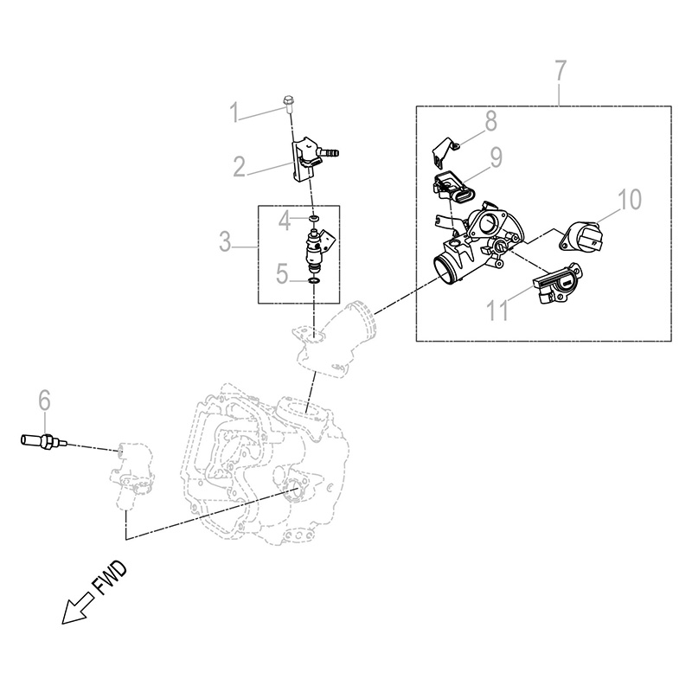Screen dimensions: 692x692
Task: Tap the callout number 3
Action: click(x=227, y=242)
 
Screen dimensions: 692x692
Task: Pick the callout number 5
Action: click(x=282, y=275)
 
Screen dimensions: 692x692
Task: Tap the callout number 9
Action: click(x=497, y=157)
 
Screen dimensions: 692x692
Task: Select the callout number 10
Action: click(x=629, y=200)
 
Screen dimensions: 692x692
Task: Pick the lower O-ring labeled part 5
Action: click(x=314, y=280)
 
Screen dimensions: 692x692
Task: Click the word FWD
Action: click(x=110, y=579)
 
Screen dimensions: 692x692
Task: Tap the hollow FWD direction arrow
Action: click(x=74, y=610)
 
